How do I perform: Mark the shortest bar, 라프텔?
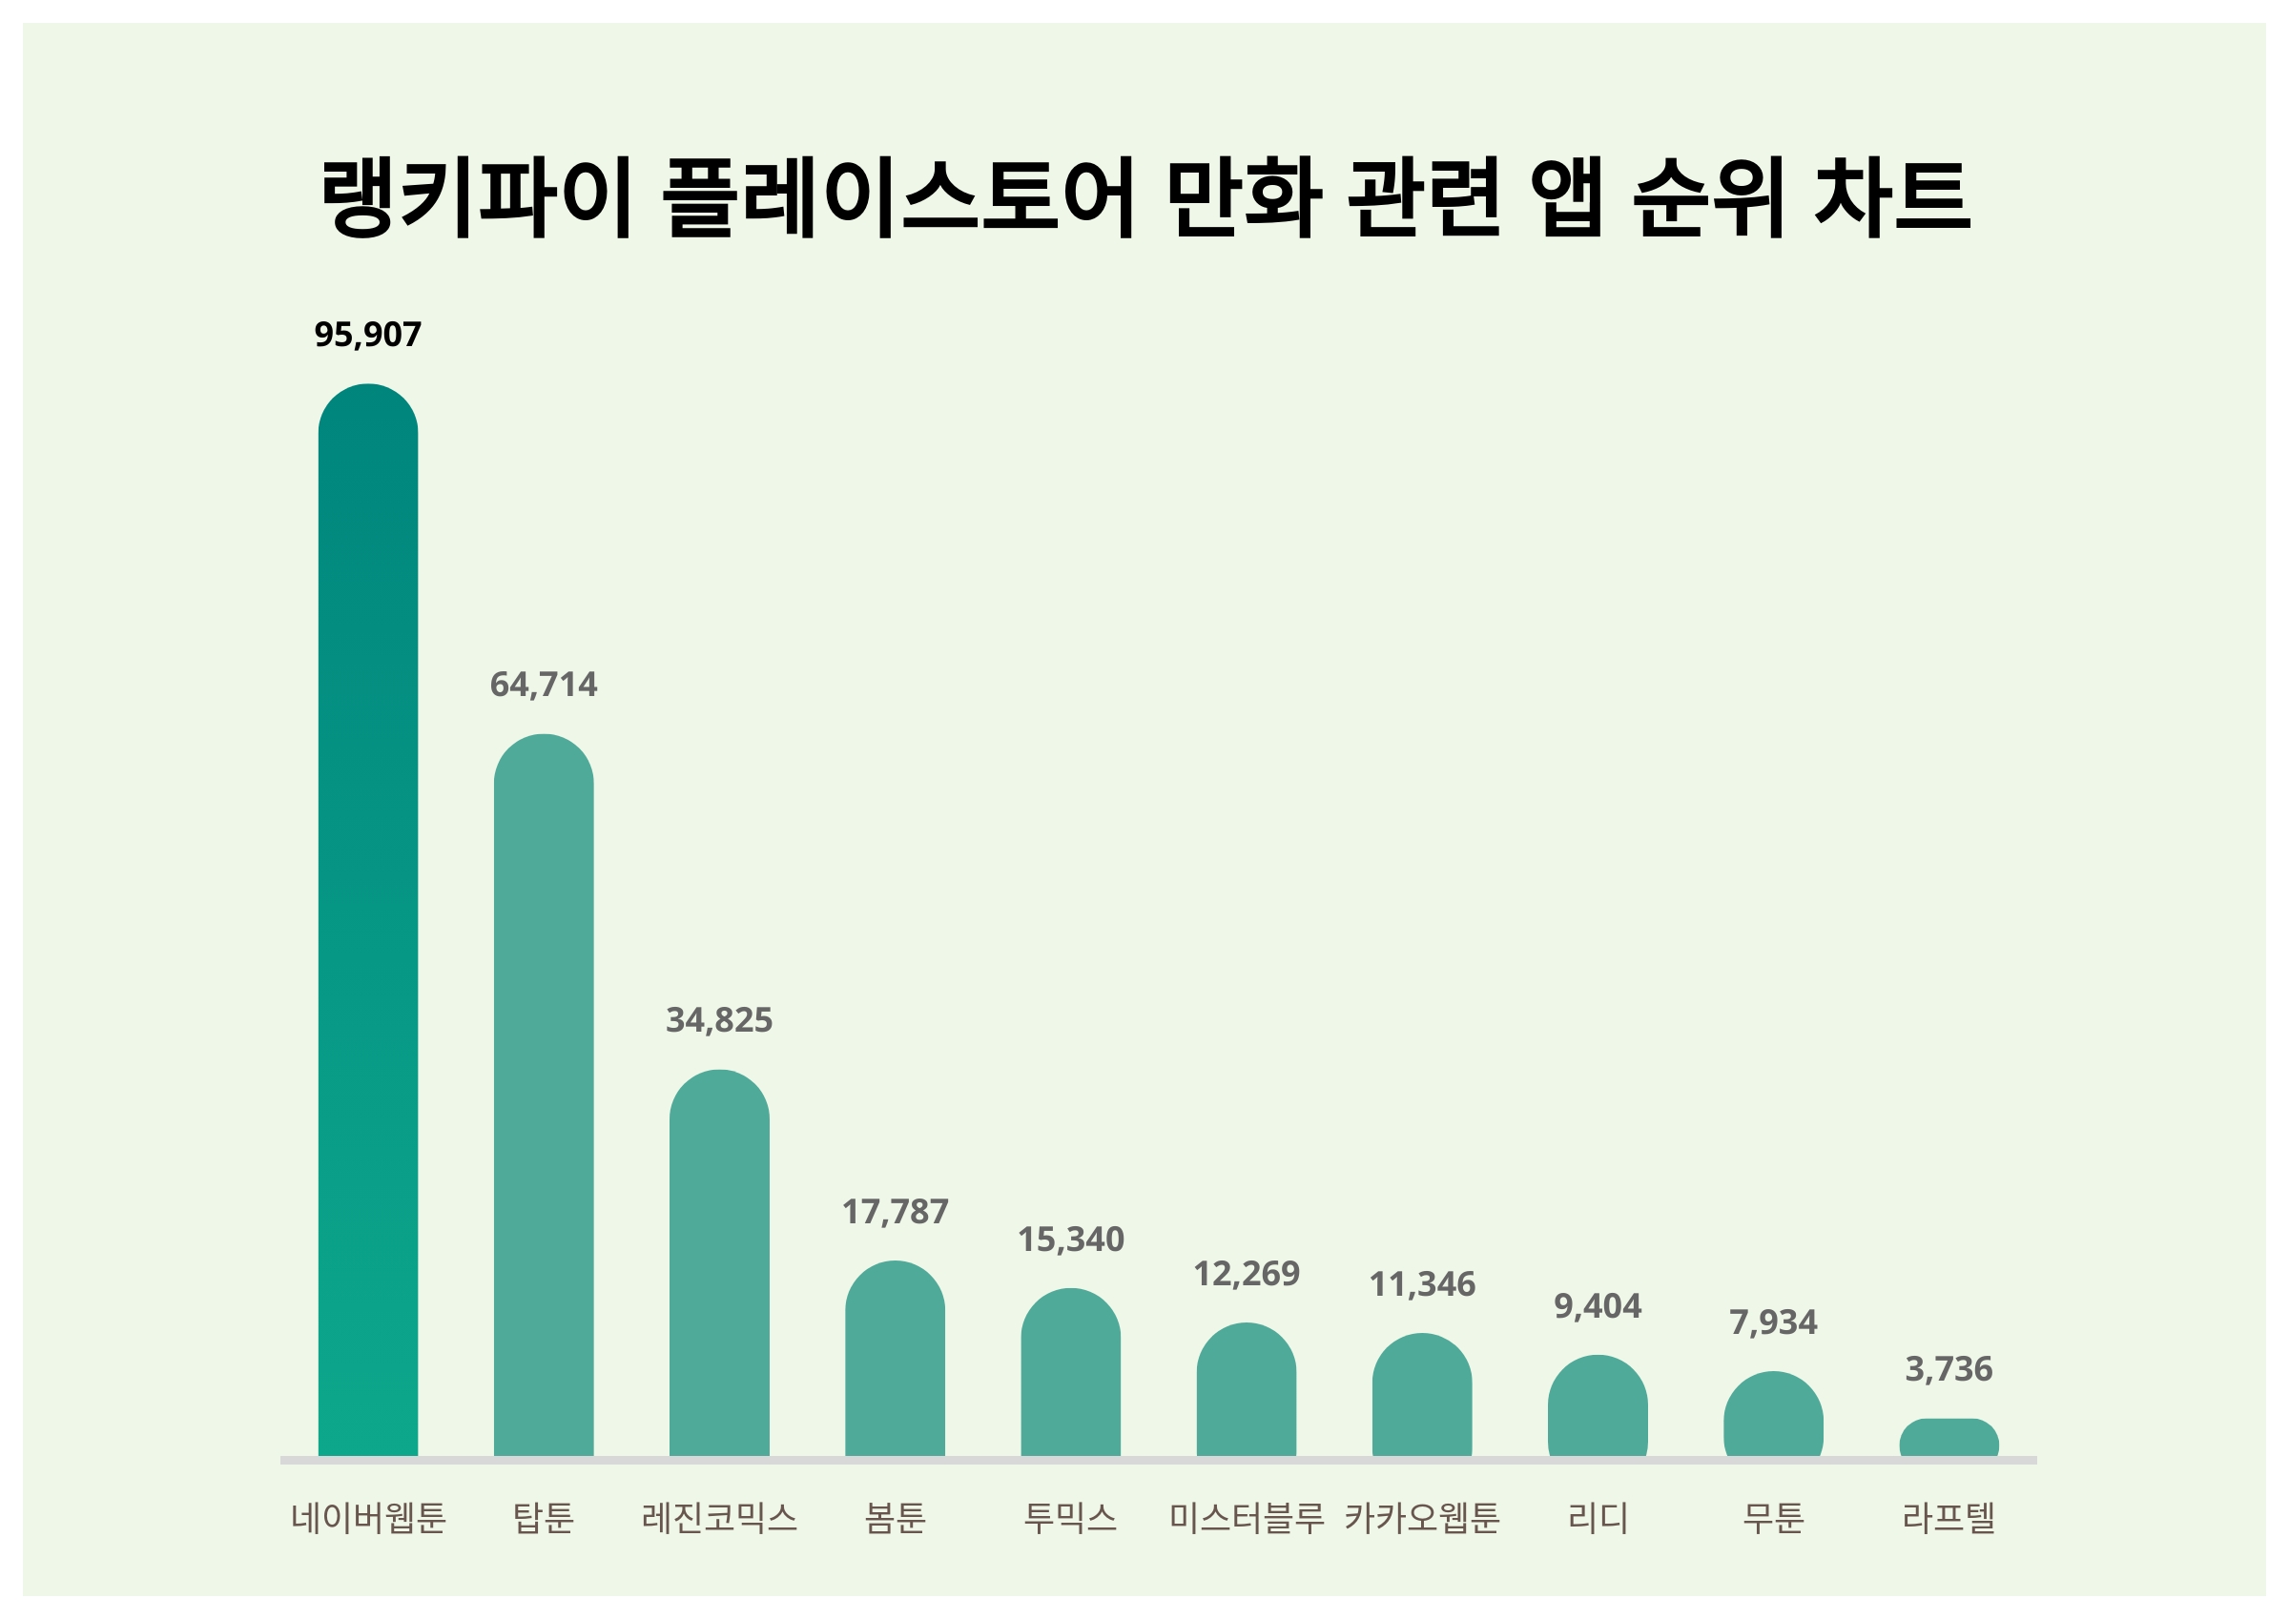click(1949, 1438)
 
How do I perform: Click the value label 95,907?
click(368, 335)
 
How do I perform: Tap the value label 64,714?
click(544, 685)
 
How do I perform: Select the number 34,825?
click(719, 1021)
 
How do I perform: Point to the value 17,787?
click(895, 1212)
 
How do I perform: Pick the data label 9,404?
click(1598, 1306)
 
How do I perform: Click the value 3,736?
click(1949, 1370)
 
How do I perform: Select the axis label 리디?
click(1598, 1518)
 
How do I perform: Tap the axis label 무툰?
click(1773, 1518)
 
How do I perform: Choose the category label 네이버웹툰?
click(368, 1518)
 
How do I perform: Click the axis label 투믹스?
click(1070, 1518)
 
